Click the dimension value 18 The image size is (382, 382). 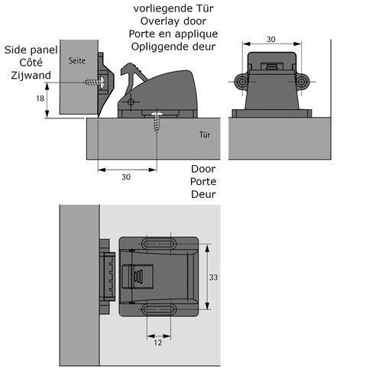pyautogui.click(x=40, y=99)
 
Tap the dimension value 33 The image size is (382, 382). pyautogui.click(x=213, y=277)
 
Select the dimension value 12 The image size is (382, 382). pyautogui.click(x=158, y=342)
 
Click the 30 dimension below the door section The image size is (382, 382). pyautogui.click(x=126, y=176)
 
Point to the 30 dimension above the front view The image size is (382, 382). pyautogui.click(x=271, y=40)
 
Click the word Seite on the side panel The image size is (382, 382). pyautogui.click(x=77, y=60)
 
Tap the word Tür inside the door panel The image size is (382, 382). pyautogui.click(x=205, y=134)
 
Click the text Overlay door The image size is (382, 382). pyautogui.click(x=173, y=21)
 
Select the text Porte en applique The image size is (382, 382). pyautogui.click(x=173, y=34)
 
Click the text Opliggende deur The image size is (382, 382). pyautogui.click(x=173, y=47)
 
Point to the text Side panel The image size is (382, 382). pyautogui.click(x=31, y=50)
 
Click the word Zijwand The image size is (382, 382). pyautogui.click(x=31, y=76)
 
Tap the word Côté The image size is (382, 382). pyautogui.click(x=31, y=63)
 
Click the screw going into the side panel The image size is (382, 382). pyautogui.click(x=94, y=82)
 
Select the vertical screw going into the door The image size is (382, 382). pyautogui.click(x=157, y=121)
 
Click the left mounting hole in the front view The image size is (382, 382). pyautogui.click(x=242, y=82)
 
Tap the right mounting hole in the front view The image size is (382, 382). pyautogui.click(x=301, y=82)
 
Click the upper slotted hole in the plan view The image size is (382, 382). pyautogui.click(x=159, y=244)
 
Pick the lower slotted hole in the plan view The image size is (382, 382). pyautogui.click(x=159, y=309)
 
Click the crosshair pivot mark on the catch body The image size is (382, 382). pyautogui.click(x=131, y=102)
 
